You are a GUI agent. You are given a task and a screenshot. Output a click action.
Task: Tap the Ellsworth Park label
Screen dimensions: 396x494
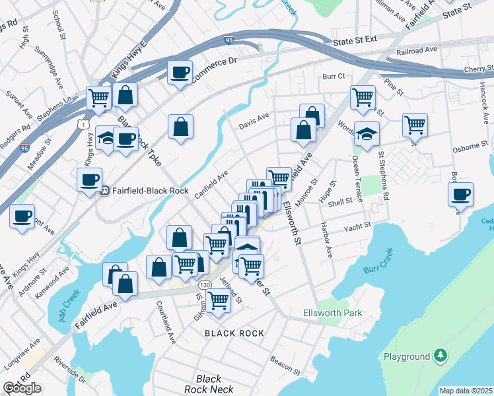(x=332, y=313)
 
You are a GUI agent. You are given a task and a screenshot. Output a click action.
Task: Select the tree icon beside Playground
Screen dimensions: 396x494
(x=440, y=356)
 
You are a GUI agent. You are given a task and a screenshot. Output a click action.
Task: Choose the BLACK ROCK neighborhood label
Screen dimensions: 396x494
(x=234, y=333)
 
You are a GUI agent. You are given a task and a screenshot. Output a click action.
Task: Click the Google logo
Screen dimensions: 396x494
(x=22, y=388)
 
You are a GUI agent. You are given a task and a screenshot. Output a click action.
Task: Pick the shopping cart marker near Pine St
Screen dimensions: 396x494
(x=363, y=97)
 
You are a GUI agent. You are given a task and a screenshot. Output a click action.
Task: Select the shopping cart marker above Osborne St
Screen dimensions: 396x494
(x=415, y=125)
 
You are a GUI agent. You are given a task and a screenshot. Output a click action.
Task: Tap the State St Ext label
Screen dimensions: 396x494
(x=355, y=41)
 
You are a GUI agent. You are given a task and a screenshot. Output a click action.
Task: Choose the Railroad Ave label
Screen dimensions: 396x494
(x=416, y=50)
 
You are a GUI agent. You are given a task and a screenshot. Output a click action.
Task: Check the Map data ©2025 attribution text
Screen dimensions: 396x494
(x=466, y=391)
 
